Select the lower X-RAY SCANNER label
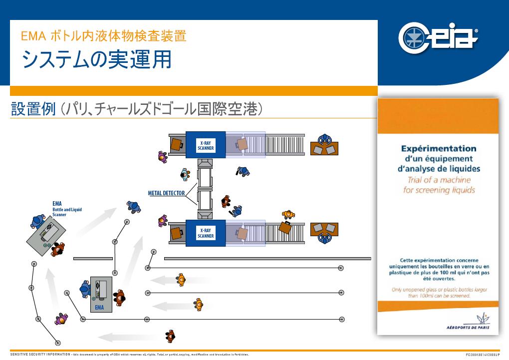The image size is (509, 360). click(x=206, y=233)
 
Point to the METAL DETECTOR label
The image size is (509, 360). click(x=167, y=193)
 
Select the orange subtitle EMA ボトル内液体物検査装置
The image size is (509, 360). click(x=103, y=36)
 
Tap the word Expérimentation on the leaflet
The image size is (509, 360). click(x=439, y=148)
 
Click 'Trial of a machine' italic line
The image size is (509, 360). click(x=439, y=180)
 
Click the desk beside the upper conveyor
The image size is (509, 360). click(x=324, y=148)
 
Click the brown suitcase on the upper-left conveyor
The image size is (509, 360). click(x=177, y=144)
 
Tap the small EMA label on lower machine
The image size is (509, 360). click(x=99, y=307)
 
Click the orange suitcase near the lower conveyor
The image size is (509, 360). click(x=285, y=227)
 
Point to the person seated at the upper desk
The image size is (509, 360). click(x=325, y=137)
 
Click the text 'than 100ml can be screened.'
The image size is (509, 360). click(x=439, y=296)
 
